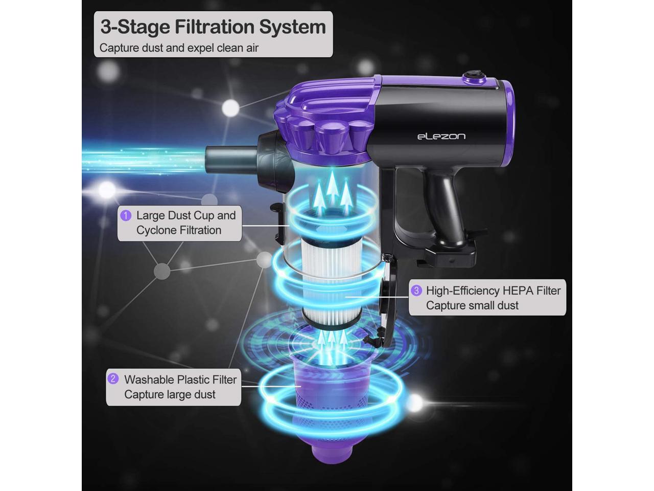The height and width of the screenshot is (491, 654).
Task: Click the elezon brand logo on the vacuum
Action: pyautogui.click(x=441, y=136)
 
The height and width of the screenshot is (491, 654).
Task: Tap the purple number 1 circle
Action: pyautogui.click(x=126, y=215)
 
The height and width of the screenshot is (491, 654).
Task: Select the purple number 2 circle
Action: pyautogui.click(x=113, y=379)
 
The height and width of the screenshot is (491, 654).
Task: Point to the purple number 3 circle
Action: pyautogui.click(x=416, y=291)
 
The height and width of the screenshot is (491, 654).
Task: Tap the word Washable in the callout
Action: pyautogui.click(x=149, y=380)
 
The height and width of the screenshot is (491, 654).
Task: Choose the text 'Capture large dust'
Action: pyautogui.click(x=170, y=394)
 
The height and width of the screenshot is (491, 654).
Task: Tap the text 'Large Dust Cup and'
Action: pyautogui.click(x=185, y=215)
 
